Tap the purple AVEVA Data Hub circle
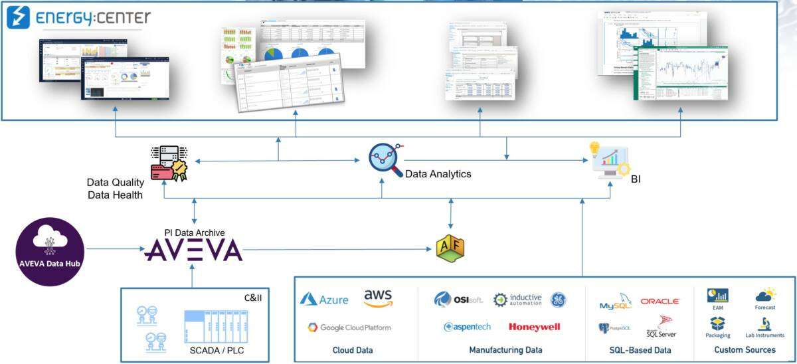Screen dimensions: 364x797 [50, 252]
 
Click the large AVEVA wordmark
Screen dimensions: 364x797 [193, 250]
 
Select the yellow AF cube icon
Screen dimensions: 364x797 [450, 248]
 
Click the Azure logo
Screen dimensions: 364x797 [324, 300]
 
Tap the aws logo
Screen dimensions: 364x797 [378, 298]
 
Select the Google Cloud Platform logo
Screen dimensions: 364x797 [349, 327]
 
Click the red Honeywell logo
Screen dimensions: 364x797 [534, 327]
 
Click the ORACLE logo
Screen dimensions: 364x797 [660, 301]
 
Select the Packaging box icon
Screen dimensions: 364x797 [717, 323]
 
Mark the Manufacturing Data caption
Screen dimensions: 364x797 [505, 350]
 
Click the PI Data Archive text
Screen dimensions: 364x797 [194, 232]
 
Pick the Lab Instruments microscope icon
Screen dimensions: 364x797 [764, 323]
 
